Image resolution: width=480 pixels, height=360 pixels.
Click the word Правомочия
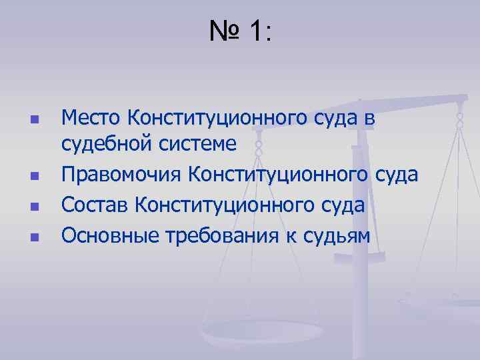point(121,175)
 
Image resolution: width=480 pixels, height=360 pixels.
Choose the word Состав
point(94,204)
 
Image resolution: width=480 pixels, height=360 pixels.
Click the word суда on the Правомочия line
point(396,176)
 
